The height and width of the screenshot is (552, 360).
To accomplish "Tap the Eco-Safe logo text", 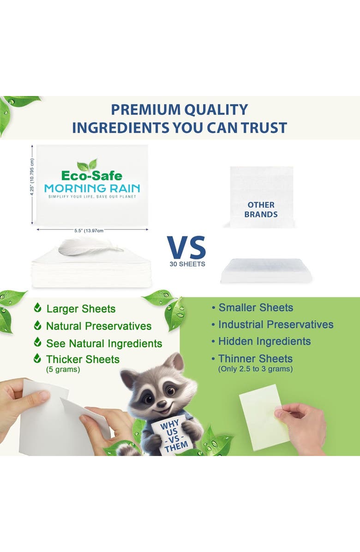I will pyautogui.click(x=92, y=176).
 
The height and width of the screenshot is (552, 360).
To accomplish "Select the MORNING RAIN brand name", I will pyautogui.click(x=92, y=188).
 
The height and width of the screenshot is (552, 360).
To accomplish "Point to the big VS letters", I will pyautogui.click(x=186, y=248).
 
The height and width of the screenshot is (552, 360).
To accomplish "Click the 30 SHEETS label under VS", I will pyautogui.click(x=187, y=264).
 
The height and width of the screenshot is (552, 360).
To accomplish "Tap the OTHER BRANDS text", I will pyautogui.click(x=261, y=210).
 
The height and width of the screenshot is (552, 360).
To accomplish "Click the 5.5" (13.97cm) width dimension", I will pyautogui.click(x=92, y=230).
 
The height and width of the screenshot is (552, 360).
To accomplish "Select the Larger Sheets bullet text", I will pyautogui.click(x=81, y=309).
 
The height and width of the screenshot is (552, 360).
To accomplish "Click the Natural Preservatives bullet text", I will pyautogui.click(x=98, y=326).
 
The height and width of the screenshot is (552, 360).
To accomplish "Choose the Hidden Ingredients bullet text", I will pyautogui.click(x=264, y=342).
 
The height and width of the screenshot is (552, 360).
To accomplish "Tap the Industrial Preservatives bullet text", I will pyautogui.click(x=276, y=324).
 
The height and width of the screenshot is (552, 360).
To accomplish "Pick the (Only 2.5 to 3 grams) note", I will pyautogui.click(x=255, y=369).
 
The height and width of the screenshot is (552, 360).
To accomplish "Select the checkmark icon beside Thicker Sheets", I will pyautogui.click(x=37, y=359).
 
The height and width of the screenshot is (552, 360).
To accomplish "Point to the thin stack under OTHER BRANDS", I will pyautogui.click(x=266, y=271).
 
